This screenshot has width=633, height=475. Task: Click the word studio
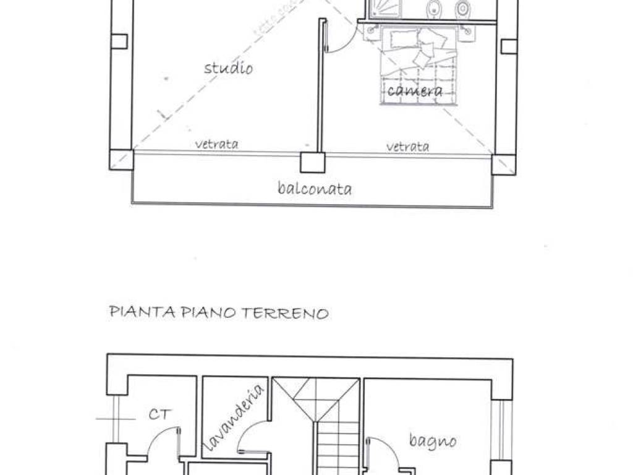(x=228, y=67)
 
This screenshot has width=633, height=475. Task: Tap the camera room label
(x=415, y=92)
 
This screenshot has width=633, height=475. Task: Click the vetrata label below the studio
(x=216, y=145)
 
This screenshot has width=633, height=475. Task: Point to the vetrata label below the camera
(x=407, y=147)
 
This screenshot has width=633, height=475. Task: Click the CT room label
(x=159, y=414)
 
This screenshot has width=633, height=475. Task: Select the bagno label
(x=433, y=440)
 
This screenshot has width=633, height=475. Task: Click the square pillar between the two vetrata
(x=312, y=162)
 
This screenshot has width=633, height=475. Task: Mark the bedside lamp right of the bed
(x=469, y=30)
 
